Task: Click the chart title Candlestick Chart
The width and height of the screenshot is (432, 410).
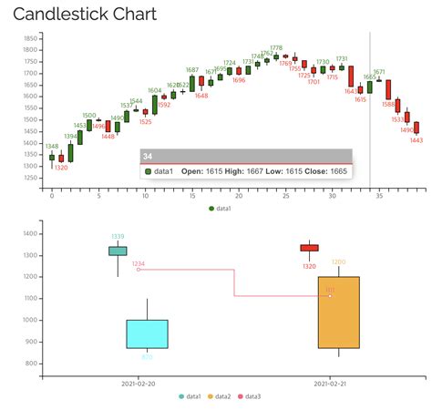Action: [x=84, y=15]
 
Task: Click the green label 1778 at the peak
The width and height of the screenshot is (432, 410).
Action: [x=276, y=47]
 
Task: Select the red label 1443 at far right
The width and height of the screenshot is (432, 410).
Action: [x=416, y=140]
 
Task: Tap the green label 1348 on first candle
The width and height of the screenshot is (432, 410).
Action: [x=52, y=146]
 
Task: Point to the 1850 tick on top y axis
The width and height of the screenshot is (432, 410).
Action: [x=30, y=39]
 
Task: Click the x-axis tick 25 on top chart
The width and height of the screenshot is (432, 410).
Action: [x=285, y=196]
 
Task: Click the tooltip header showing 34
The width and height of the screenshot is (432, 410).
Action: [x=246, y=157]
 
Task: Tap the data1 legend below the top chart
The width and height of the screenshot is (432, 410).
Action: [x=220, y=209]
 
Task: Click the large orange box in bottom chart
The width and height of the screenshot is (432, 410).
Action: [x=339, y=313]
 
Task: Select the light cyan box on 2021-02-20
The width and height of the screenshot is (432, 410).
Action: [x=147, y=333]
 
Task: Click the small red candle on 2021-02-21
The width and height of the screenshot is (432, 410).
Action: [x=310, y=248]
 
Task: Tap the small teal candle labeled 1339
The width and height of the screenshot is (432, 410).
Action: [x=118, y=251]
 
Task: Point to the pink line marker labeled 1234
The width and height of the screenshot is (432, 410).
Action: [x=139, y=270]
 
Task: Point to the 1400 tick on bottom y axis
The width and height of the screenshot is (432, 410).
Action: [x=30, y=255]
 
